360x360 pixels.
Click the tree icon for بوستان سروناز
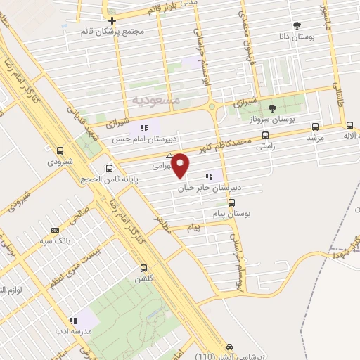coord(272,108)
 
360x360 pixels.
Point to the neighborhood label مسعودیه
coord(155,100)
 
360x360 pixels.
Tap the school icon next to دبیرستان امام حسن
coord(144,128)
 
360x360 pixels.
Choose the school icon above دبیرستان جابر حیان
coord(208,176)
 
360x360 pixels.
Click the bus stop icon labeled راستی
coord(265,134)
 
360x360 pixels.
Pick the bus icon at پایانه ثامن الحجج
coord(109,168)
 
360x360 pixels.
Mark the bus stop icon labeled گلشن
coord(144,268)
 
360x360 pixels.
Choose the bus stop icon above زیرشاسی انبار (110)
coord(230,347)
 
